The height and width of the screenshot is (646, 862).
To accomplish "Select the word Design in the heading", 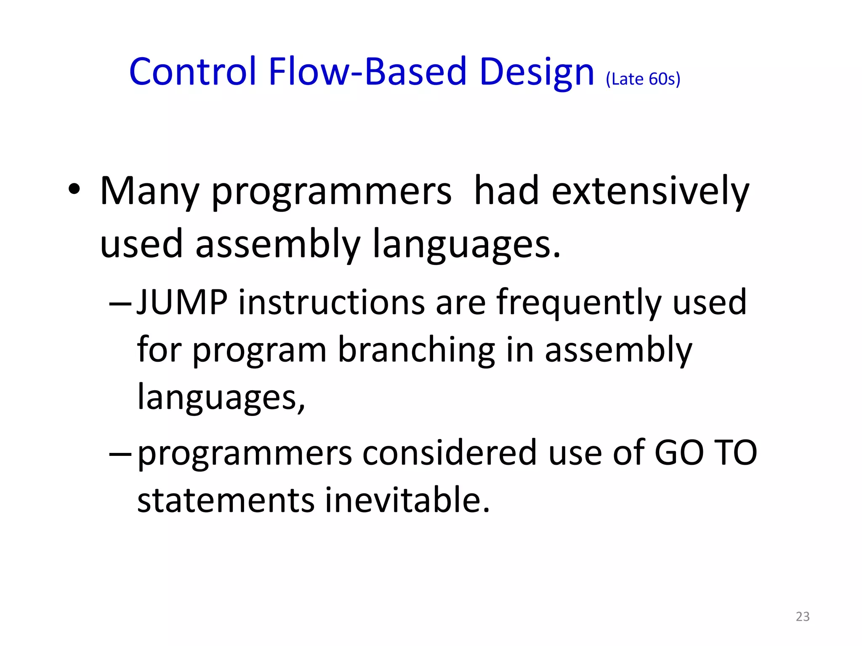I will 536,72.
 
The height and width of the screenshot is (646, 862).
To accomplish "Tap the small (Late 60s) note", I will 643,79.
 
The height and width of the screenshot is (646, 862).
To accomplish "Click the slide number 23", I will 802,616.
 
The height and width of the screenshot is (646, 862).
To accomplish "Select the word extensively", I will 650,191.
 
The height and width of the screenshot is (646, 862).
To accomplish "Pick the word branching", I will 416,350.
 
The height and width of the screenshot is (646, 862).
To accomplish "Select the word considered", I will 450,453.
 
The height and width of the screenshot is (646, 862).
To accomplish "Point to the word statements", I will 226,500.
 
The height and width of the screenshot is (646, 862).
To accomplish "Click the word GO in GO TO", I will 679,453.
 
